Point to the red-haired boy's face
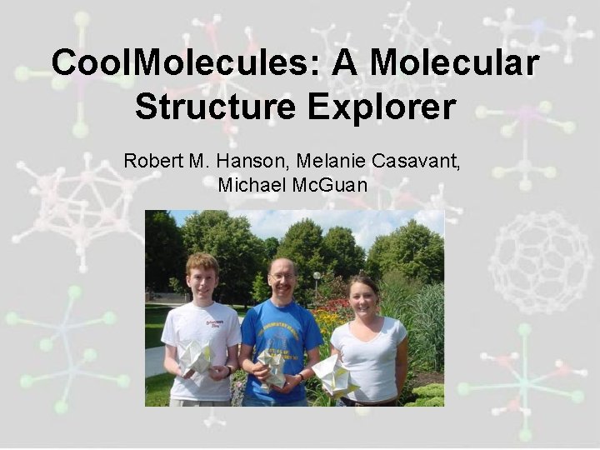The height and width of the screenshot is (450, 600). point(202,279)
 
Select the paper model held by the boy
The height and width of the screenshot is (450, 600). point(197,357)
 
